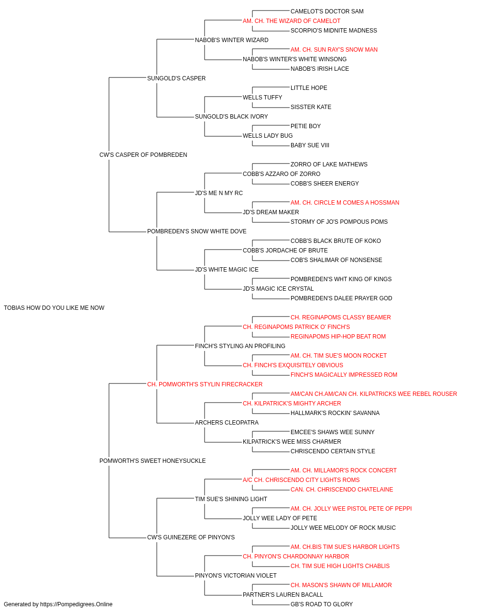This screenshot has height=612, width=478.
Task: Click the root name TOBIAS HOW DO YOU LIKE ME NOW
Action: [x=54, y=308]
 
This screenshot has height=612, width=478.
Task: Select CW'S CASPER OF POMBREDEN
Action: [x=143, y=155]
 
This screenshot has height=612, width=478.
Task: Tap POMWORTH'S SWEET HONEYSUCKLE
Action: [x=152, y=461]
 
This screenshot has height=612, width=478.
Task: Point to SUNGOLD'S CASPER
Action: [x=176, y=78]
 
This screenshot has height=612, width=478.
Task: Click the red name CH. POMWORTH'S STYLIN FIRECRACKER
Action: [x=205, y=384]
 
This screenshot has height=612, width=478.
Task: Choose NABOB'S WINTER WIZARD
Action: [x=232, y=40]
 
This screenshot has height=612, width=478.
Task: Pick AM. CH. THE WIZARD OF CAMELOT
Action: [x=292, y=21]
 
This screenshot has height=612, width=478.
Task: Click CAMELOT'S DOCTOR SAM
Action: [x=327, y=11]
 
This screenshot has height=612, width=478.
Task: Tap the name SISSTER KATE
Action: [x=311, y=107]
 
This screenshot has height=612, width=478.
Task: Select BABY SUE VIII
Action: [x=310, y=145]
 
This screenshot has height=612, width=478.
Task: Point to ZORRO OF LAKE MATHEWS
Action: [x=329, y=164]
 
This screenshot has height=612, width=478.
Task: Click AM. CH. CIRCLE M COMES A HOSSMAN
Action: [x=345, y=203]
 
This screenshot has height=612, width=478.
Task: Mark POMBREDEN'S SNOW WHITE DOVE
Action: [x=197, y=231]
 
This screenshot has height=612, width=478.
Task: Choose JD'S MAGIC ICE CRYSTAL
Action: [x=278, y=289]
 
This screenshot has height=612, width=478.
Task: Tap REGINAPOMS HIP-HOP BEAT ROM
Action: [x=338, y=337]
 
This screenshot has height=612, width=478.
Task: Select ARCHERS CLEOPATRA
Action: [x=227, y=423]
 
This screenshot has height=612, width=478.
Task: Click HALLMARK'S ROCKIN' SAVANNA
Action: [x=335, y=413]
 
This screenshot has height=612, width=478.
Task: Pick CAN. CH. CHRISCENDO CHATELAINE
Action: [x=342, y=490]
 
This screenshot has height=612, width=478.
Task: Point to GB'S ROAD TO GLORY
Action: [x=322, y=604]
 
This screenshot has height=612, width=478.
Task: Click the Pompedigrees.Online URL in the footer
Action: [x=76, y=604]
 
